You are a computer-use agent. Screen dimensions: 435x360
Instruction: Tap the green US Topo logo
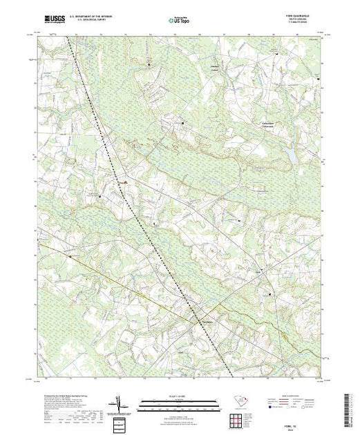[179, 21]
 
